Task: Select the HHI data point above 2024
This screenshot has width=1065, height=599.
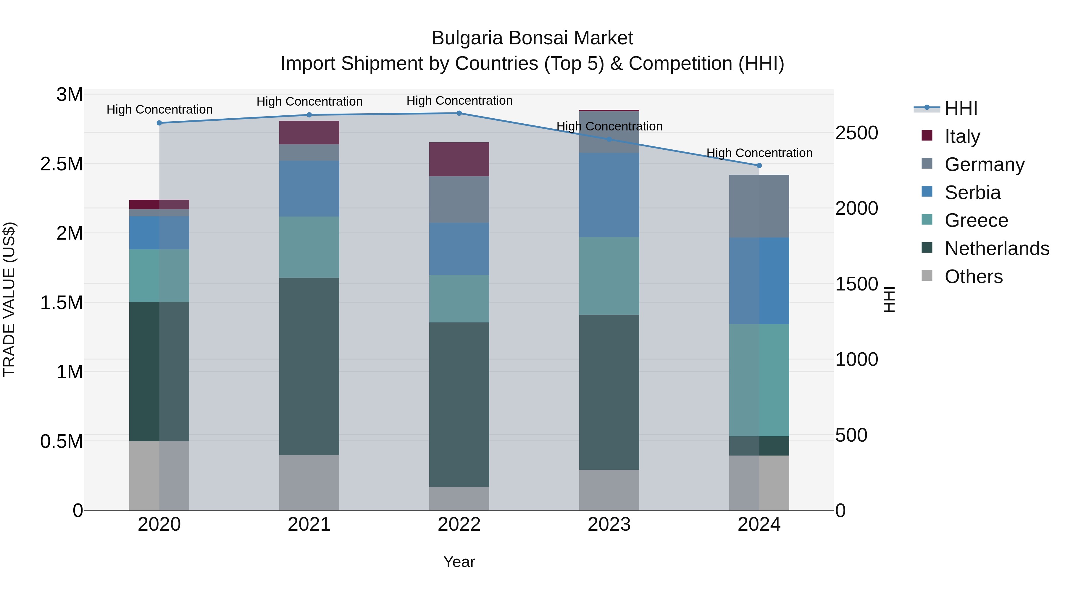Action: [x=759, y=166]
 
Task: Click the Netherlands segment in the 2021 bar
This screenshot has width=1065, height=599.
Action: [x=309, y=366]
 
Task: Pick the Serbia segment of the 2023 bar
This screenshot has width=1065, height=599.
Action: [x=609, y=195]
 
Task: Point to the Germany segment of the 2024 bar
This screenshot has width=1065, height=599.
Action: [x=759, y=206]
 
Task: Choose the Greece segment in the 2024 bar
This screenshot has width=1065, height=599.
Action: [x=759, y=380]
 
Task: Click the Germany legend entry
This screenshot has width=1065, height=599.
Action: [x=984, y=164]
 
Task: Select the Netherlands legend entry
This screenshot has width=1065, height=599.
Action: [x=997, y=248]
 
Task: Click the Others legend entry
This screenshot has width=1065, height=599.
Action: [x=973, y=277]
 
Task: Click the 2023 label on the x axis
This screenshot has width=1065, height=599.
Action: [x=609, y=524]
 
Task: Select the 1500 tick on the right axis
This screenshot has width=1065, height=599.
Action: [x=856, y=284]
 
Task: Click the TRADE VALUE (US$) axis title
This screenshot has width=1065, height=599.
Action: [x=9, y=299]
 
